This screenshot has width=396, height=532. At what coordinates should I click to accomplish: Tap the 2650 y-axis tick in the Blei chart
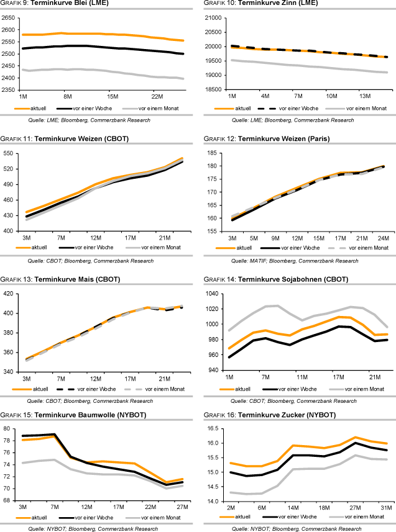(9, 18)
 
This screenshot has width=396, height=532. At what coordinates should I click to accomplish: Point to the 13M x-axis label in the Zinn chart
(364, 97)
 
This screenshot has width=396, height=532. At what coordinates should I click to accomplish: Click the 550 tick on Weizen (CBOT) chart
(11, 153)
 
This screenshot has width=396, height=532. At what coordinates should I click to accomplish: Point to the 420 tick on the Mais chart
(11, 293)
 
